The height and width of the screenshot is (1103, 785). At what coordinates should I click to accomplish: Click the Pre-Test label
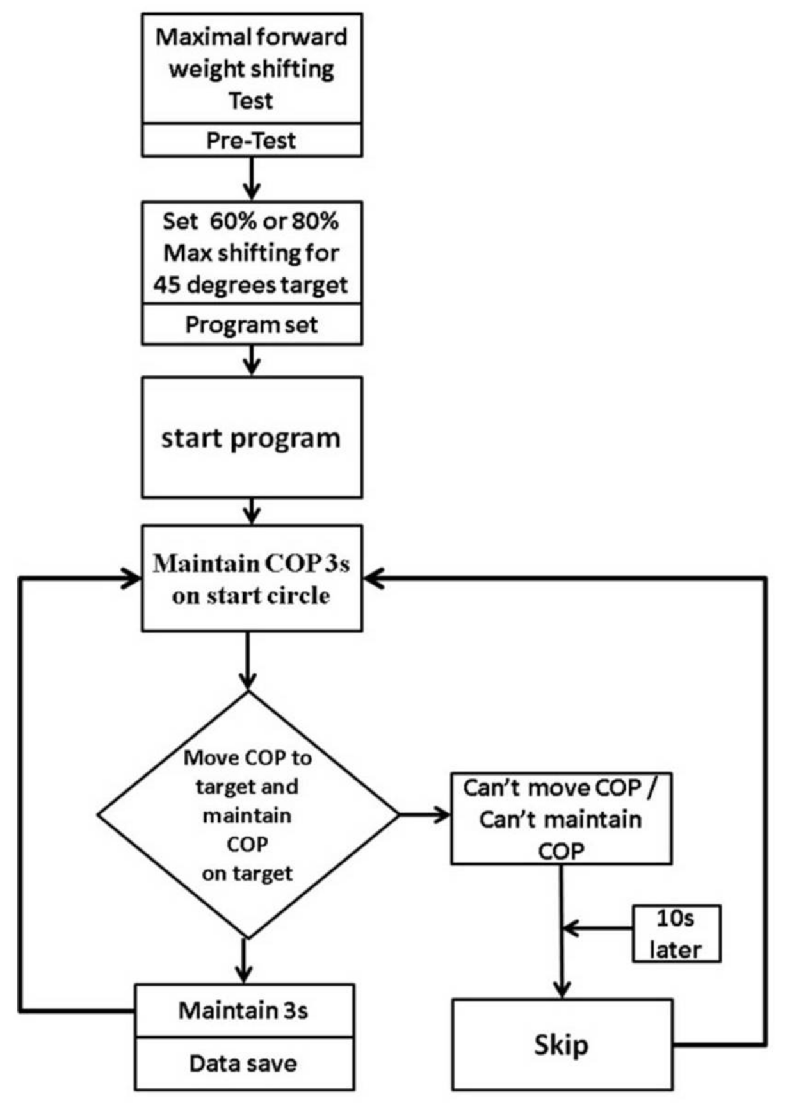coord(251,140)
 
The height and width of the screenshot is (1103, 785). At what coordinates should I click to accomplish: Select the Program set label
coord(251,325)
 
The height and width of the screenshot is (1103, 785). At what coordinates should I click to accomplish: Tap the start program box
coord(251,437)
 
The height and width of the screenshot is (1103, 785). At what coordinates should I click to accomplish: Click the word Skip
coord(561,1045)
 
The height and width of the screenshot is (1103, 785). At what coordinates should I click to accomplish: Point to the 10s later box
coord(676,933)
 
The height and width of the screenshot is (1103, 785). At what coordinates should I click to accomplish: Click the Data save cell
coord(243,1064)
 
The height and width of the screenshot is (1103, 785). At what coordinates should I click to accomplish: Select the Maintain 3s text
coord(243,1010)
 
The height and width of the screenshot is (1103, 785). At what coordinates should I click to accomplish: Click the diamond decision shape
coord(248,815)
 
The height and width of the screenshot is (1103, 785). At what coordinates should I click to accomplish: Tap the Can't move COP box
coord(561,819)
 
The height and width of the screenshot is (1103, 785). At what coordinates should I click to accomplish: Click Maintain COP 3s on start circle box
coord(251,578)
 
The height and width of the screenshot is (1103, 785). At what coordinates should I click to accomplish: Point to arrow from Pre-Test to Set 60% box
coord(252,179)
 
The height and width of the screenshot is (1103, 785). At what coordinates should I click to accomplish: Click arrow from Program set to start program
coord(252,361)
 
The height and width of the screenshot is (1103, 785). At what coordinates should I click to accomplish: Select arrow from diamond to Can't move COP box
coord(425,815)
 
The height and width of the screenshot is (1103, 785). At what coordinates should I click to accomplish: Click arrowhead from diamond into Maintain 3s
coord(243,975)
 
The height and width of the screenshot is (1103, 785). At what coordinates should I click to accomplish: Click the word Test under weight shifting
coord(251,101)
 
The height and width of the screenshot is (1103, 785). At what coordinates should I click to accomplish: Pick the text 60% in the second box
coord(229,221)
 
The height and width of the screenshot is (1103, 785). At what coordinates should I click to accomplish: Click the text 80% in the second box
coord(315,221)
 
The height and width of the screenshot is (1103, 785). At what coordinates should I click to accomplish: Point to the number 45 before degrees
coord(166,284)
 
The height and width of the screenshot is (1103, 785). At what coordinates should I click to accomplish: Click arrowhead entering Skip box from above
coord(562,990)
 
